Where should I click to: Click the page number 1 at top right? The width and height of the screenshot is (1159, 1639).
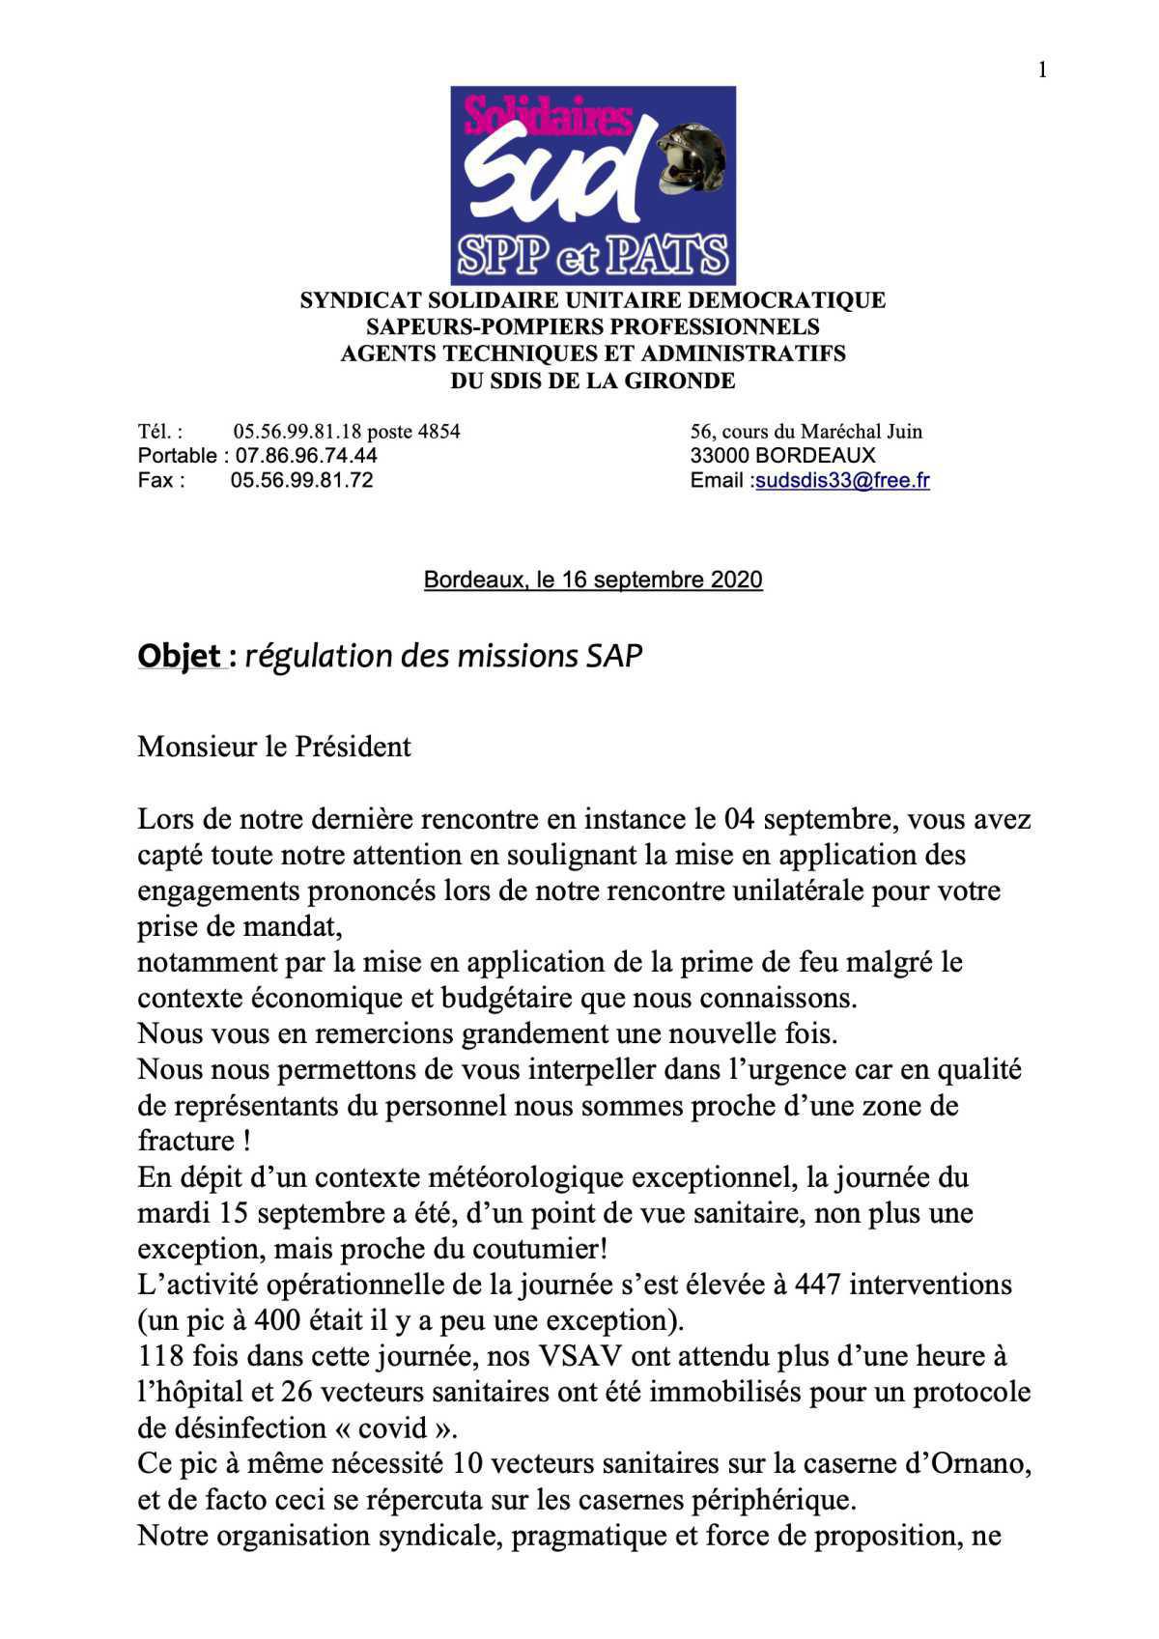(1042, 70)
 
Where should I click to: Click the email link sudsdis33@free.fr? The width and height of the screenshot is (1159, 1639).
(842, 480)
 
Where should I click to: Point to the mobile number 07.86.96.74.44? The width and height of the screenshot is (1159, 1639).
(306, 455)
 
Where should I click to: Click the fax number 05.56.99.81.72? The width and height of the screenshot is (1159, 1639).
(301, 480)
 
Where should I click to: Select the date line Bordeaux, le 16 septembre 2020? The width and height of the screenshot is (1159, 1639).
(593, 579)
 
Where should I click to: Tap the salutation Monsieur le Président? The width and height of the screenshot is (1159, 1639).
(274, 747)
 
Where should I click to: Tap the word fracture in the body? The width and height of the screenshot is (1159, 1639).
(185, 1141)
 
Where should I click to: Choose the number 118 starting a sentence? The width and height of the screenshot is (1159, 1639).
(160, 1356)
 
